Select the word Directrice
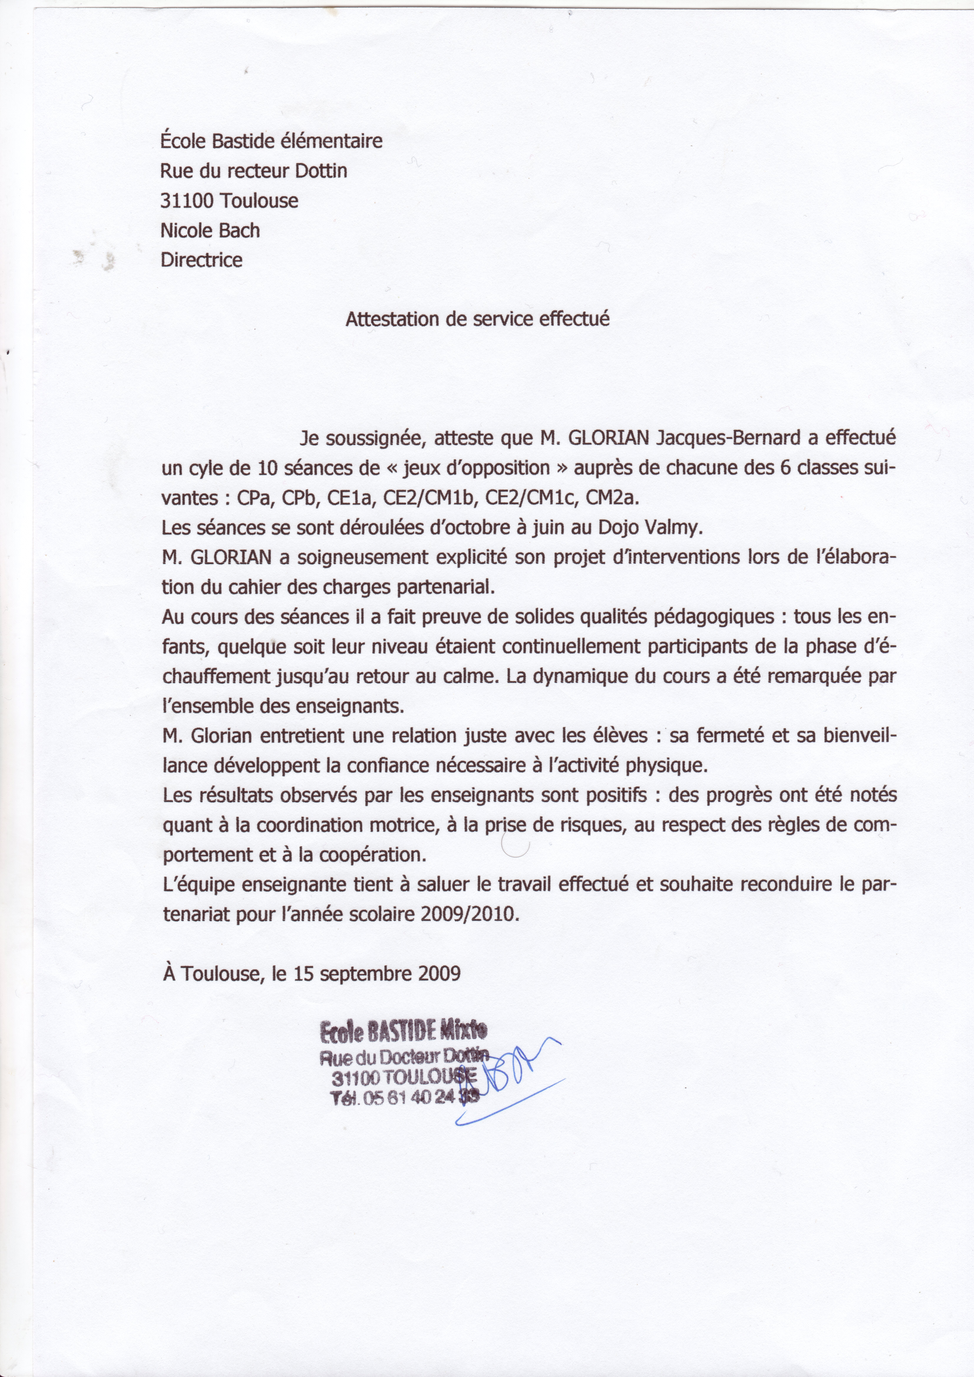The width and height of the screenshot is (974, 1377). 202,260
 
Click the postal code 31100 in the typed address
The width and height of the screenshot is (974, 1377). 186,200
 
